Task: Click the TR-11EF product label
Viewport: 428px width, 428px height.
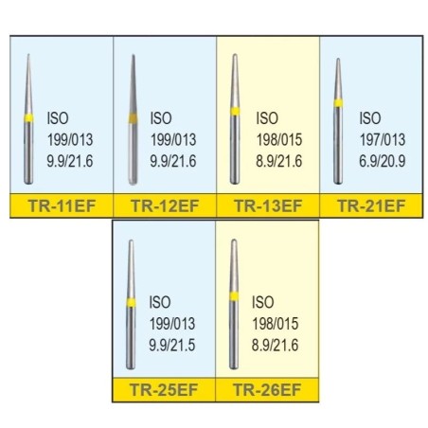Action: [x=62, y=205]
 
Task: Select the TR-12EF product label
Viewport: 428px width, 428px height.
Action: [x=165, y=205]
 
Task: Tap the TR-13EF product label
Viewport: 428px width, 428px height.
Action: [x=268, y=205]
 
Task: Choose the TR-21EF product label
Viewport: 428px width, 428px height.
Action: [x=371, y=205]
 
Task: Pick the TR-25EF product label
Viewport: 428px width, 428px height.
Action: [x=164, y=390]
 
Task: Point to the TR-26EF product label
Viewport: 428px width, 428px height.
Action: [x=267, y=390]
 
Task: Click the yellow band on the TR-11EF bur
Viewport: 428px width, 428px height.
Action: [x=28, y=118]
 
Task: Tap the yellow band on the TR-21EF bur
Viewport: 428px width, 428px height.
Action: [x=338, y=103]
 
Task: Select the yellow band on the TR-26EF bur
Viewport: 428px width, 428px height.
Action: [x=234, y=296]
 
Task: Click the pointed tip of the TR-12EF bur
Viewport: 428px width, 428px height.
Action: [x=134, y=55]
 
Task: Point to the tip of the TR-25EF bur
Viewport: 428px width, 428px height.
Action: [x=131, y=241]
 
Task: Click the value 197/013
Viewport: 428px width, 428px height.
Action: [x=383, y=140]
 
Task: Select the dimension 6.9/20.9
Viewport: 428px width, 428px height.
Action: [x=383, y=161]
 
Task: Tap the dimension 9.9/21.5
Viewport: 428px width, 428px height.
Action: [x=172, y=345]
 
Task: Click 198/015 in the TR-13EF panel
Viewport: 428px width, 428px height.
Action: [x=279, y=140]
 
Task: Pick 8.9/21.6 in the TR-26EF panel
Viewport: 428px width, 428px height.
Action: [x=275, y=345]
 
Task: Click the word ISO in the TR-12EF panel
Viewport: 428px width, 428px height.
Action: [x=161, y=118]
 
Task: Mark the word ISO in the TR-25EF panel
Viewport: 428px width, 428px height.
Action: [x=160, y=302]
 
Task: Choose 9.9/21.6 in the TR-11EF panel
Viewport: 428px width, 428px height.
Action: [x=70, y=161]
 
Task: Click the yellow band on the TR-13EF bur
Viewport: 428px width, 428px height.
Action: [x=235, y=112]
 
